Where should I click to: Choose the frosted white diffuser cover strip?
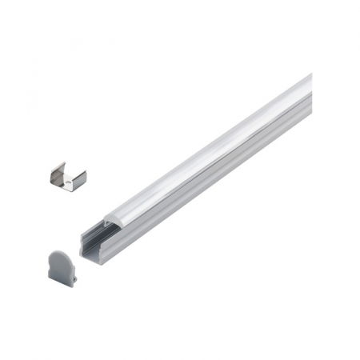tap(208, 152)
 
